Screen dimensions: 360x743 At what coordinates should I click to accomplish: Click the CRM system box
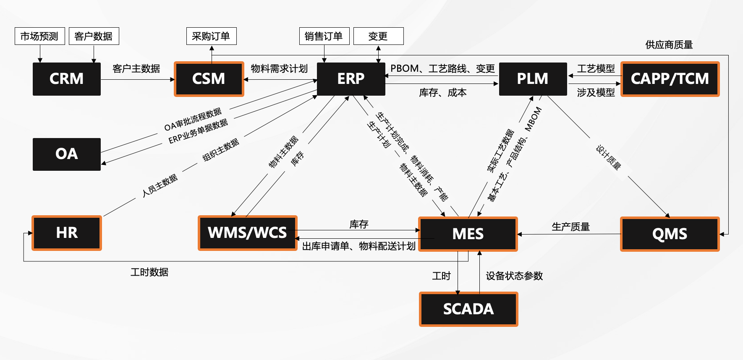click(x=66, y=79)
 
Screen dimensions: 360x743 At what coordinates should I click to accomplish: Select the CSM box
click(x=209, y=79)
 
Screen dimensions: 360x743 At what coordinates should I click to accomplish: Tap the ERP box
click(x=351, y=79)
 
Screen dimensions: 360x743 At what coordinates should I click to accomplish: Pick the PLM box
click(x=532, y=79)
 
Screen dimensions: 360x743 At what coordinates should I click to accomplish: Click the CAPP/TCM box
click(x=670, y=79)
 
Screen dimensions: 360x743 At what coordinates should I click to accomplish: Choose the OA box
click(x=66, y=154)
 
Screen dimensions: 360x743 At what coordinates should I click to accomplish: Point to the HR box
click(x=66, y=233)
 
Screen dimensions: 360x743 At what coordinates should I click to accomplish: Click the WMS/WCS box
click(x=247, y=233)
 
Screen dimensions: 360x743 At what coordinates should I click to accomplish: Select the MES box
click(x=468, y=234)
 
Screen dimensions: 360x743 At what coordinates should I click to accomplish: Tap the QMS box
click(x=670, y=234)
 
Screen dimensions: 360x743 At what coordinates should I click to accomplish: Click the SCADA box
click(x=468, y=309)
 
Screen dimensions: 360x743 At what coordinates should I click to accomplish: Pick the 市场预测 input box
click(x=39, y=36)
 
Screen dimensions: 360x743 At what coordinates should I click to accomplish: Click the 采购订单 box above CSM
click(x=211, y=36)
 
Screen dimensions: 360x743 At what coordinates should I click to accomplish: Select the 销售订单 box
click(x=324, y=36)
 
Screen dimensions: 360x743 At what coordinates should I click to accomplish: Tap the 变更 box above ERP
click(x=378, y=36)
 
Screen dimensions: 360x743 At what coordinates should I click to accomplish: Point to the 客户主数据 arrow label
click(x=136, y=68)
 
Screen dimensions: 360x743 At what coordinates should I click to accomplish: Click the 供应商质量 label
click(x=669, y=44)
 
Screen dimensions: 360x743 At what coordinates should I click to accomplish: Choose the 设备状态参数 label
click(x=514, y=276)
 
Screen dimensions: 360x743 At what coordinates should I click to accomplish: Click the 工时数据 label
click(x=149, y=272)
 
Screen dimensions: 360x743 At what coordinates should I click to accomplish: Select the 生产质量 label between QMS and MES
click(x=570, y=227)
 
